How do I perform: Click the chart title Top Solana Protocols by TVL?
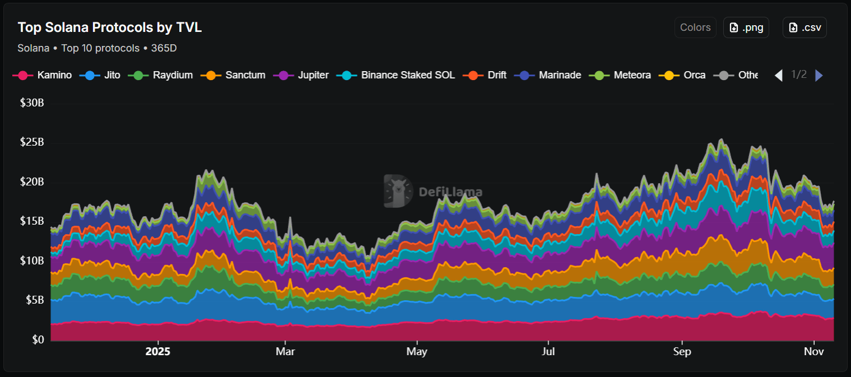[x=109, y=27]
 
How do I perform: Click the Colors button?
[x=695, y=27]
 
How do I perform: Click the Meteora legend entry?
[x=624, y=75]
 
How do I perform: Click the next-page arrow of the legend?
[x=819, y=75]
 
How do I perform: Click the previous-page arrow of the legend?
[x=778, y=75]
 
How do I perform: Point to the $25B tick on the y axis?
[x=32, y=142]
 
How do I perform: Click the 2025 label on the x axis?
[x=157, y=352]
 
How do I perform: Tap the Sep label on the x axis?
[x=682, y=352]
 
